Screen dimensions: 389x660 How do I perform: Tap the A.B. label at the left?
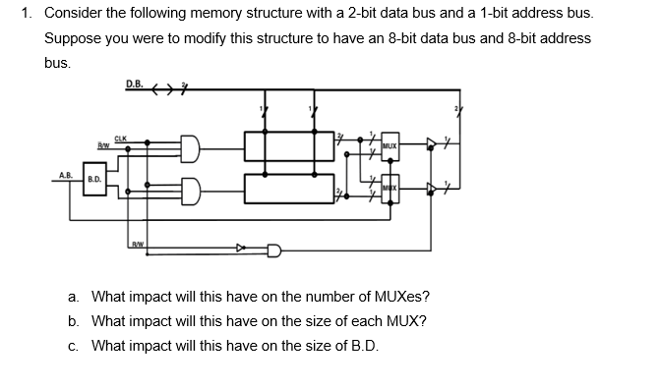click(66, 175)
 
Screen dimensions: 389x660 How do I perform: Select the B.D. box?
click(95, 180)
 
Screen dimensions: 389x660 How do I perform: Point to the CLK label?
click(121, 138)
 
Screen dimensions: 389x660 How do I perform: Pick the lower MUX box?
click(390, 187)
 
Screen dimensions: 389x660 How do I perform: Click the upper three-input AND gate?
click(191, 147)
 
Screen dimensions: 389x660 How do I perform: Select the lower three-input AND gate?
click(191, 187)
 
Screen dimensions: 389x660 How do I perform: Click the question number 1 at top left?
click(27, 15)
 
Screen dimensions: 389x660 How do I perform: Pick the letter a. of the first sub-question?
click(74, 297)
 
